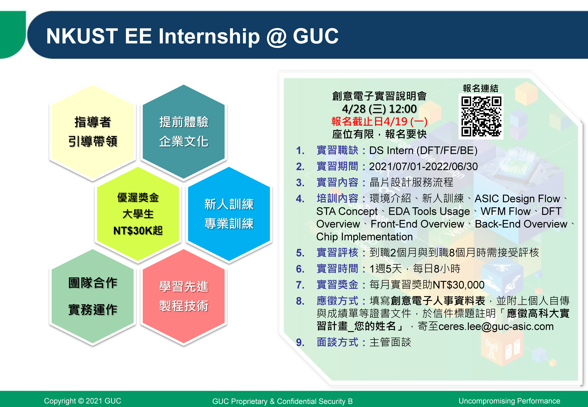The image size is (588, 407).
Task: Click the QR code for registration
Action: (x=481, y=117)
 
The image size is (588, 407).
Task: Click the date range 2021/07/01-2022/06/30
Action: (x=423, y=167)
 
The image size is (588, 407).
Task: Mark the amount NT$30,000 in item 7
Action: (x=458, y=285)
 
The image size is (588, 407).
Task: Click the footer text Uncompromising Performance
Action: (x=509, y=401)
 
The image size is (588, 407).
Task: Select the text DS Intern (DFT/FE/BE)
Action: (x=423, y=150)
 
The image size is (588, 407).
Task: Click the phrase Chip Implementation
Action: (x=364, y=237)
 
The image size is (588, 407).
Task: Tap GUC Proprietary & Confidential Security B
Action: (x=283, y=401)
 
